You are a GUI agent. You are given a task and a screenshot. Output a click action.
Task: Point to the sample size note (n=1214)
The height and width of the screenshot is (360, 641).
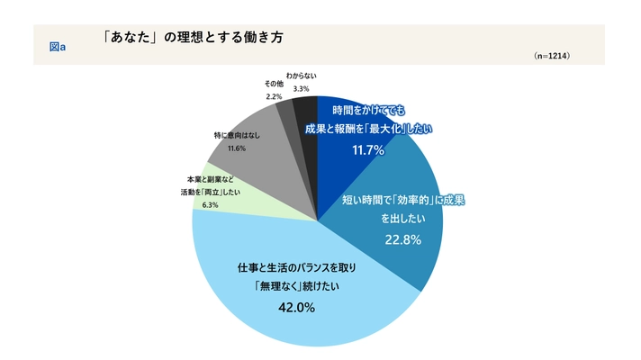551,56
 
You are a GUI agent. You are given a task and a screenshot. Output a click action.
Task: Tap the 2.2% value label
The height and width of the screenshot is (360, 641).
275,94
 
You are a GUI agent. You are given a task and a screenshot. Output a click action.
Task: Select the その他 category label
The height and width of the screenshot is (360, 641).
275,84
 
